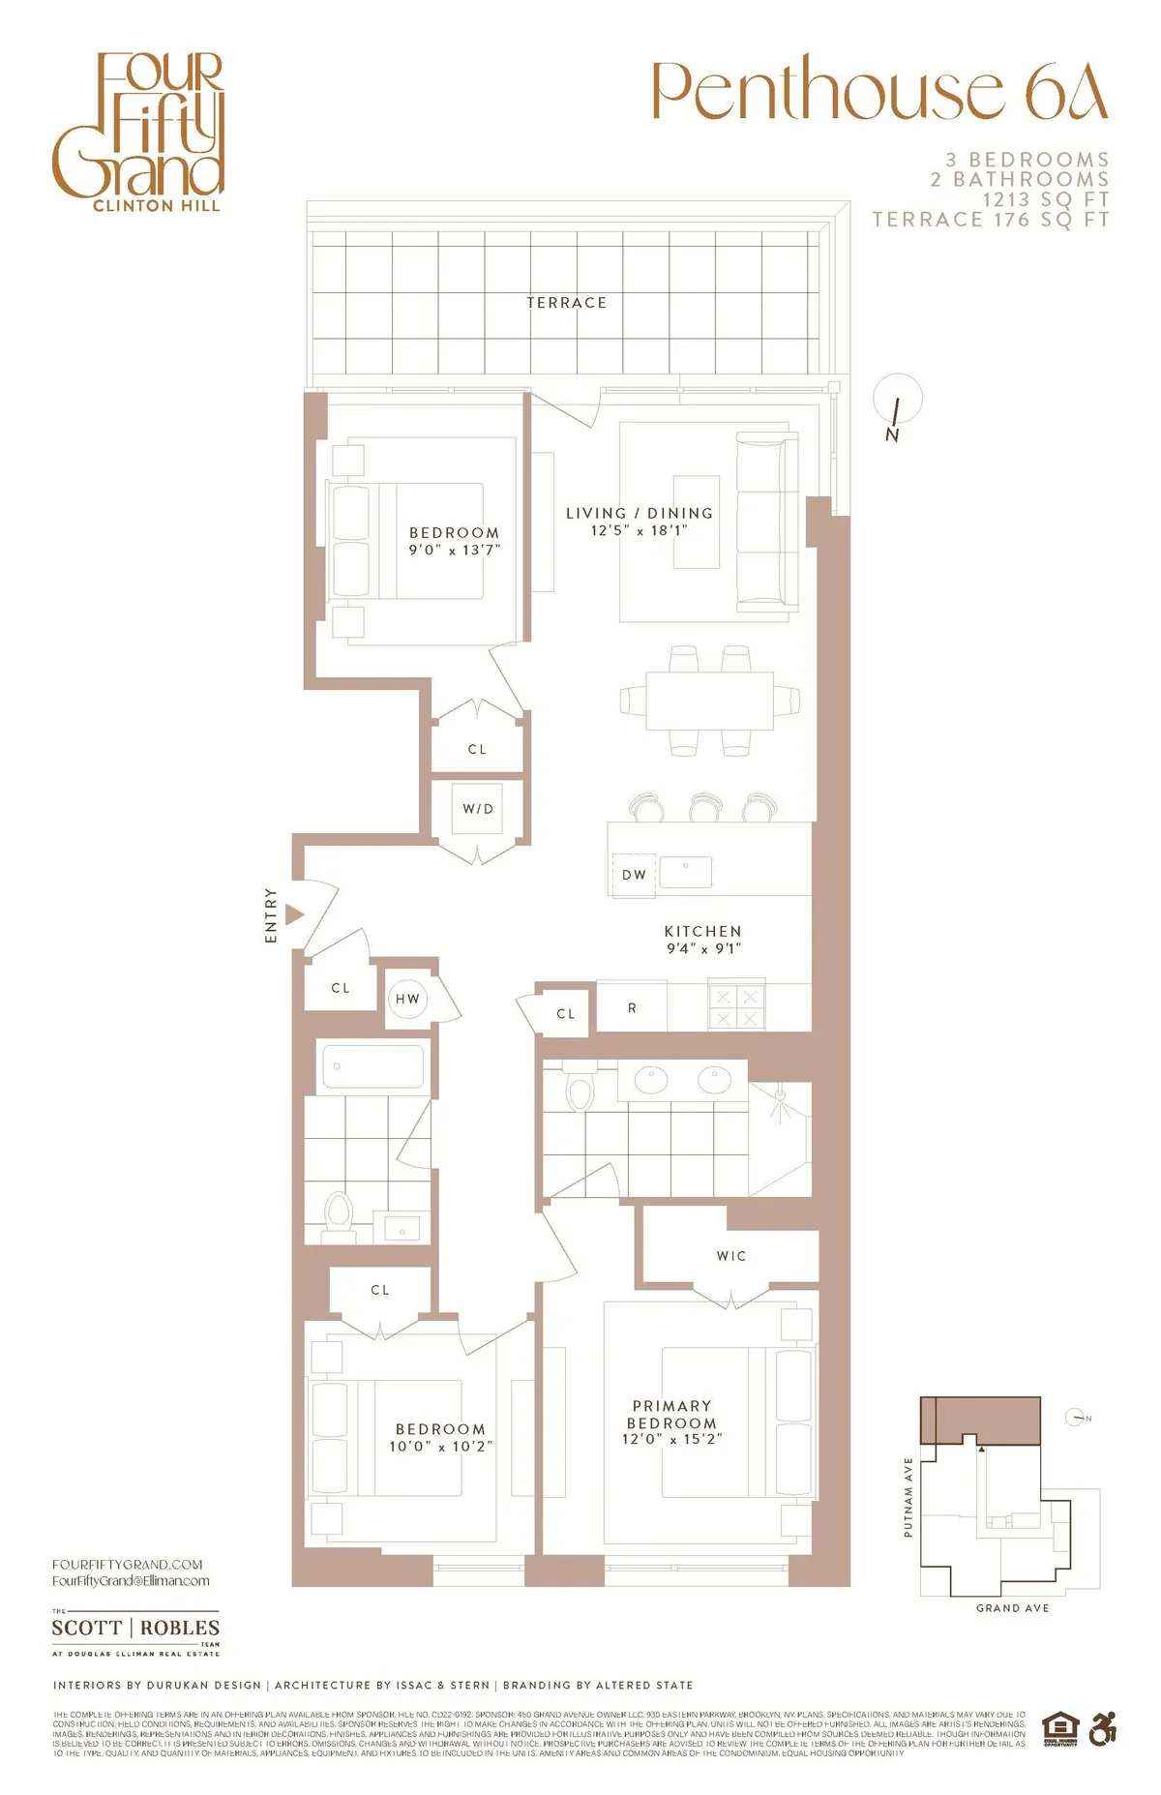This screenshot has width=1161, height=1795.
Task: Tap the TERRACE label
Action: (567, 303)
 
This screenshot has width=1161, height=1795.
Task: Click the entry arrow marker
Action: (295, 914)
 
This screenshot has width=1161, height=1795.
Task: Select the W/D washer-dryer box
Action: (478, 809)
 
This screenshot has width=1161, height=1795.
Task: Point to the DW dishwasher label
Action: (634, 875)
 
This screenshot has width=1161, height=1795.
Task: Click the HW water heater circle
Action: (407, 999)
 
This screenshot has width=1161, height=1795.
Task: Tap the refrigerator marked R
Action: (632, 1007)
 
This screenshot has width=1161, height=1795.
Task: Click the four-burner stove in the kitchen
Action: (736, 1007)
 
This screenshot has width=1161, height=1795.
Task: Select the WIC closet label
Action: (731, 1256)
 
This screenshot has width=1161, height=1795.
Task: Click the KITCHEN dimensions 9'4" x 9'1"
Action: (703, 948)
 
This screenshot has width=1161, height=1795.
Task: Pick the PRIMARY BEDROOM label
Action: (672, 1415)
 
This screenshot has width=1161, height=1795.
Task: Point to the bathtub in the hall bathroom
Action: (372, 1067)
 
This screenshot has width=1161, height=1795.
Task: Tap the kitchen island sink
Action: (686, 872)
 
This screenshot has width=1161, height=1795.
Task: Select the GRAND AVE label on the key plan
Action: (1012, 1608)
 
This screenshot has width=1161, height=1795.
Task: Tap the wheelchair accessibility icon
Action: (1103, 1728)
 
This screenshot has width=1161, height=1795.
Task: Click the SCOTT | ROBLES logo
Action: (135, 1629)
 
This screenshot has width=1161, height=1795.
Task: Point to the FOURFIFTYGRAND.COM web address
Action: (128, 1564)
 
